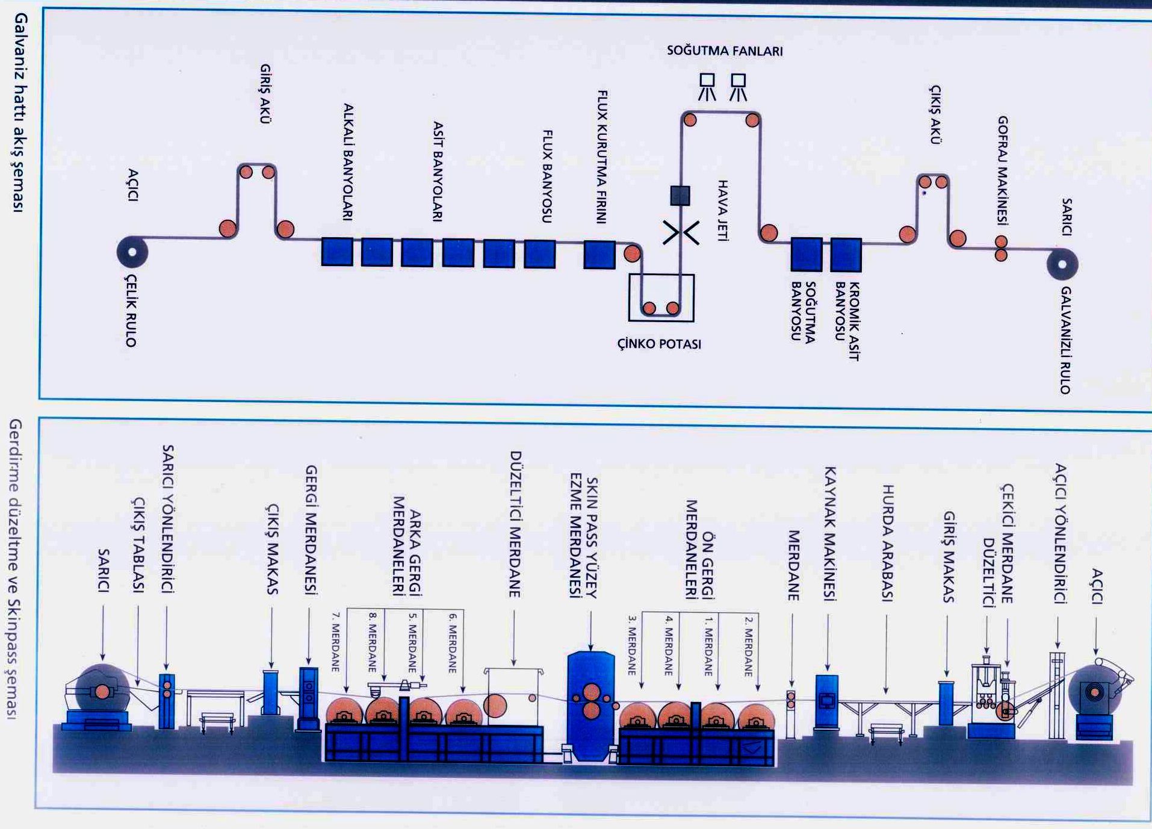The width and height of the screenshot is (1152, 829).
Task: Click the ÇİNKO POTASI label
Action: pyautogui.click(x=659, y=344)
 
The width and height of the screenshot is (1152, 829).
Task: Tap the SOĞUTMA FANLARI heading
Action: pyautogui.click(x=725, y=51)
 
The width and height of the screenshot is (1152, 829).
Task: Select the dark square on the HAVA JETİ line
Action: pyautogui.click(x=680, y=195)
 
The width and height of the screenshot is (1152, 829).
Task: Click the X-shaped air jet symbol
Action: pyautogui.click(x=681, y=233)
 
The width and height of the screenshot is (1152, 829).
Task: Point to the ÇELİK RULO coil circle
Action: pyautogui.click(x=132, y=252)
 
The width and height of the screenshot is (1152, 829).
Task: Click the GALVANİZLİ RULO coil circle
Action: pyautogui.click(x=1062, y=265)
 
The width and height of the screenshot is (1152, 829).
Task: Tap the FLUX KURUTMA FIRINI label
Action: pyautogui.click(x=602, y=157)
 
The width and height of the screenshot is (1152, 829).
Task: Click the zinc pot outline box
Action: pyautogui.click(x=661, y=297)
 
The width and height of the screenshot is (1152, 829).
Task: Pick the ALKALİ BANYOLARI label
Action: pyautogui.click(x=348, y=162)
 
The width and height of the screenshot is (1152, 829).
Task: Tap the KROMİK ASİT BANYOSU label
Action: pyautogui.click(x=847, y=320)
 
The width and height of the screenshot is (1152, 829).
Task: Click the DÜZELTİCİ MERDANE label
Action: pyautogui.click(x=515, y=524)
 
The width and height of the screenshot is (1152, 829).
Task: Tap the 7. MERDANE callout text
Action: pyautogui.click(x=336, y=642)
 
